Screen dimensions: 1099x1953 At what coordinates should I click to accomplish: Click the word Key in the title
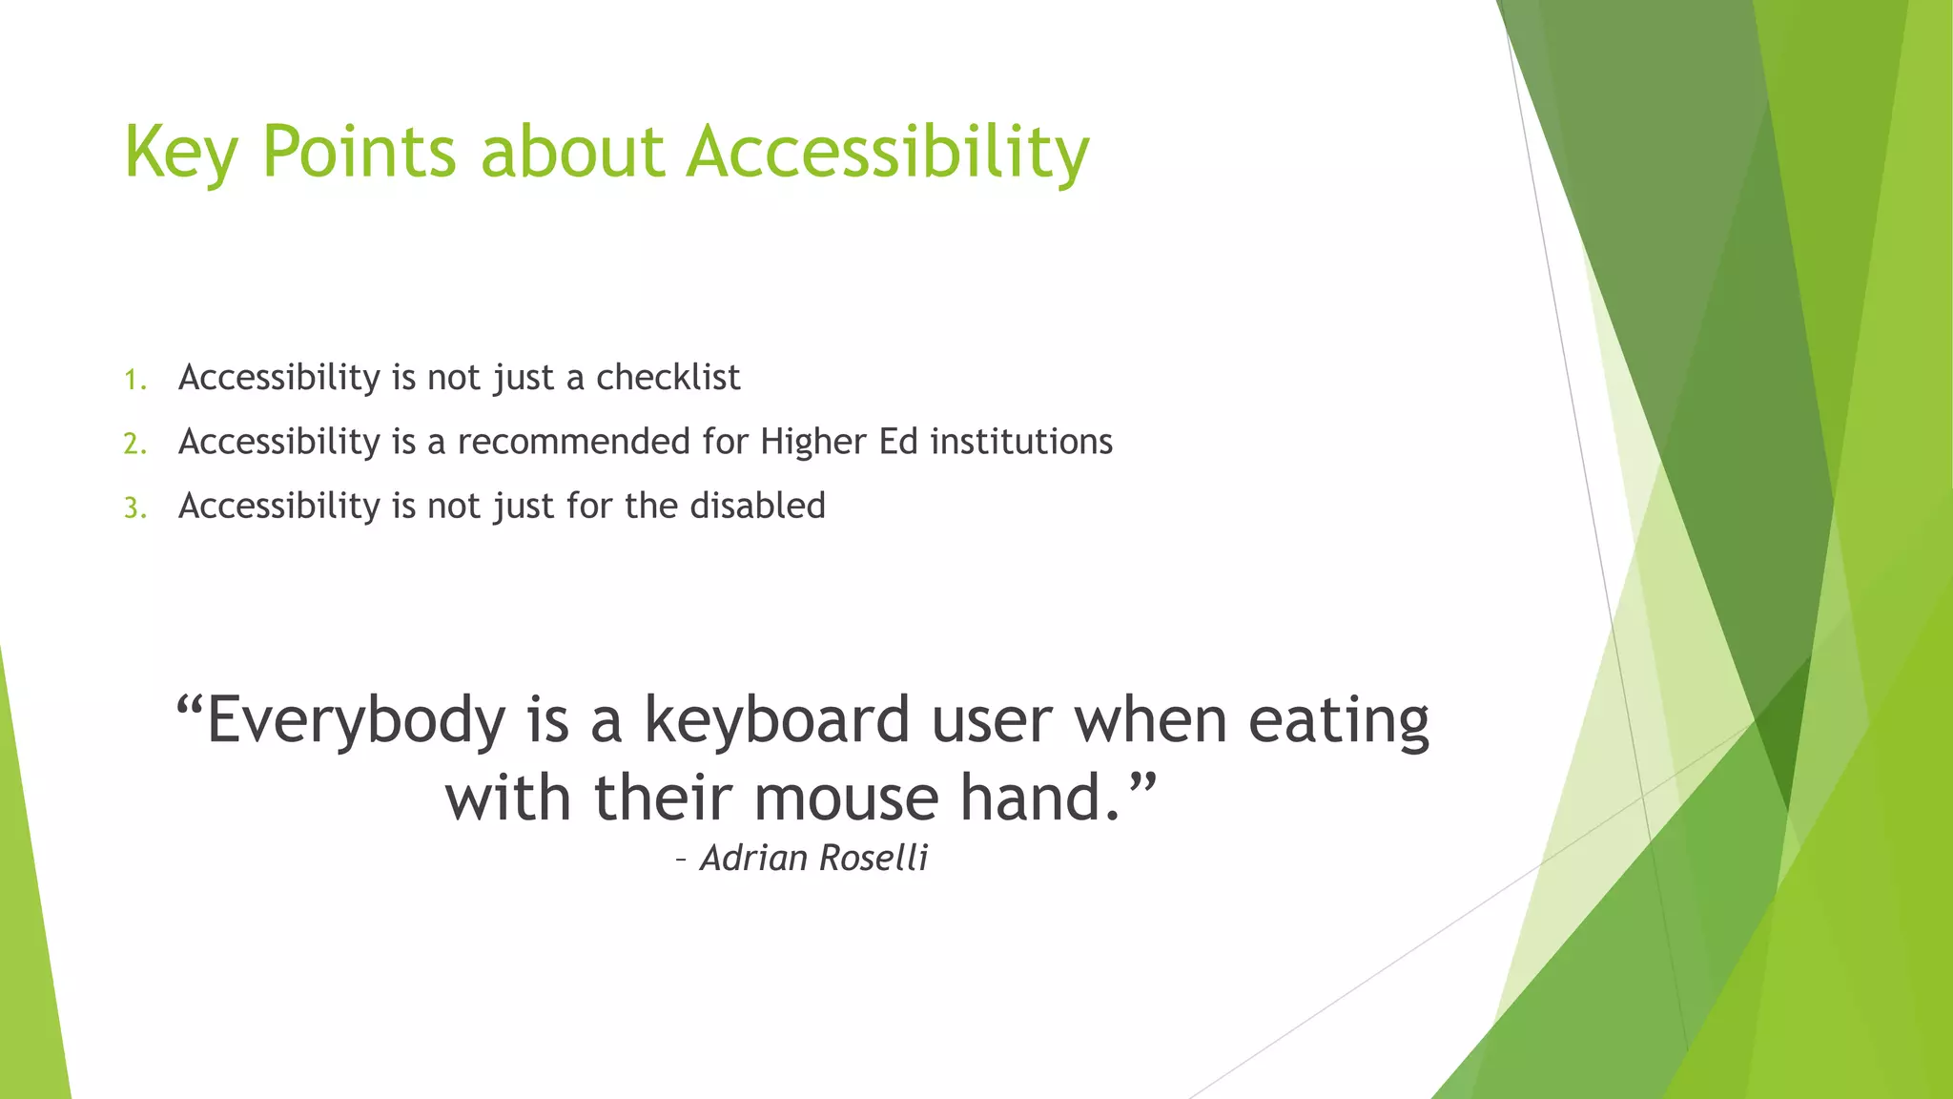[x=179, y=153]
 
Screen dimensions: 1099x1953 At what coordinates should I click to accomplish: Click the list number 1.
[x=134, y=381]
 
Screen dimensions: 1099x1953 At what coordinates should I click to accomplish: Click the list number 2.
[x=134, y=445]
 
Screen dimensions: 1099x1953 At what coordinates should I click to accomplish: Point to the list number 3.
[x=134, y=508]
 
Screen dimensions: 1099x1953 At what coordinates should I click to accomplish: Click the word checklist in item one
[x=668, y=378]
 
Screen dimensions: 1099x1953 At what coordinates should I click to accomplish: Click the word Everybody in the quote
[x=355, y=721]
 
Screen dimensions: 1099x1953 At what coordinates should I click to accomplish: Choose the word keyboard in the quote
[x=776, y=719]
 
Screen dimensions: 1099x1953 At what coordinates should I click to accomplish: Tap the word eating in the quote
[x=1338, y=721]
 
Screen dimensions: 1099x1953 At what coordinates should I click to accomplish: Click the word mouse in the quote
[x=846, y=798]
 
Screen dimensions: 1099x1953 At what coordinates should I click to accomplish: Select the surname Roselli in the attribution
[x=874, y=858]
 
